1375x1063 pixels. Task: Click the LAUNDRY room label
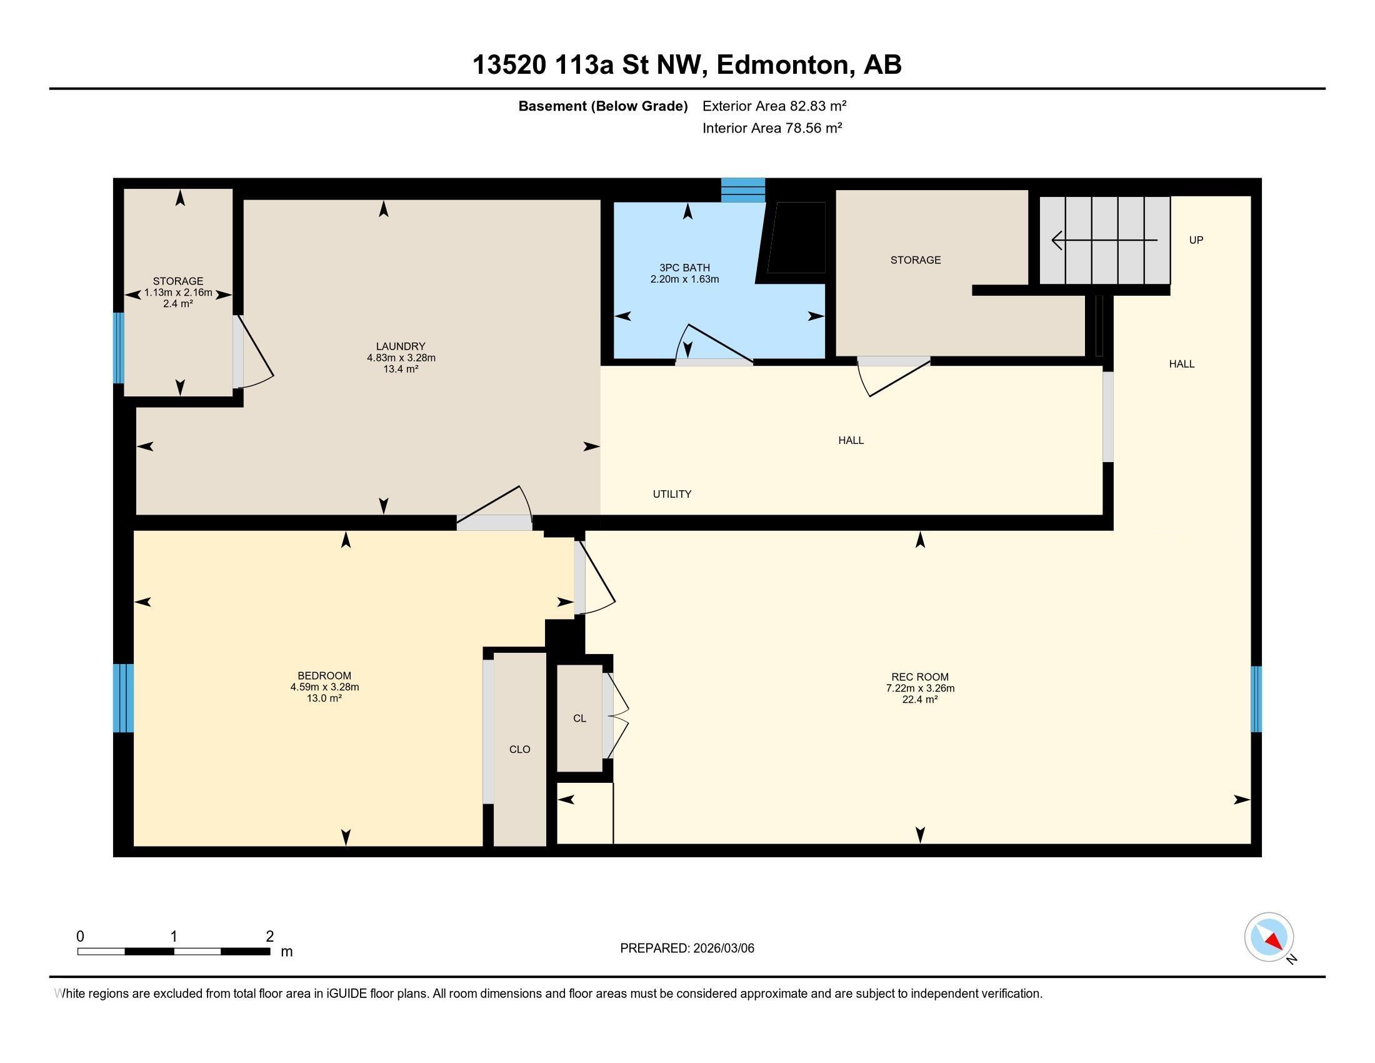[401, 346]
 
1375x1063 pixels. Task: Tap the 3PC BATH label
[684, 268]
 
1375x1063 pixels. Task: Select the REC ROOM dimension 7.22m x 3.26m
[920, 688]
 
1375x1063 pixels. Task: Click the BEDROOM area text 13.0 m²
[324, 698]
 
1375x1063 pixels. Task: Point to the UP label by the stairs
[1196, 240]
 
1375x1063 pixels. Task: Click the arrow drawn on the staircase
[1104, 240]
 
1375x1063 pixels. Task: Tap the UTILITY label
[672, 495]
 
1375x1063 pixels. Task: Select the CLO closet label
[519, 749]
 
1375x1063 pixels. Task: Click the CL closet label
[579, 718]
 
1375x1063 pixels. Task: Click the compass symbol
[1269, 937]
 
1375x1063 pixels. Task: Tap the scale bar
[174, 951]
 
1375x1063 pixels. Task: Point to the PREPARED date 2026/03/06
[687, 949]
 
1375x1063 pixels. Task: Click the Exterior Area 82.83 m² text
[774, 106]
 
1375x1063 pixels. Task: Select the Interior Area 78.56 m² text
[772, 128]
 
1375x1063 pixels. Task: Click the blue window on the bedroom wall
[123, 698]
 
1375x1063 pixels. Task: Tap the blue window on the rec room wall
[1256, 699]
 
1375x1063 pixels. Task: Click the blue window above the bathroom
[743, 190]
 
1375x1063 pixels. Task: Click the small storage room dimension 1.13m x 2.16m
[178, 293]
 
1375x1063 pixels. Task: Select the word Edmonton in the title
[782, 65]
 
